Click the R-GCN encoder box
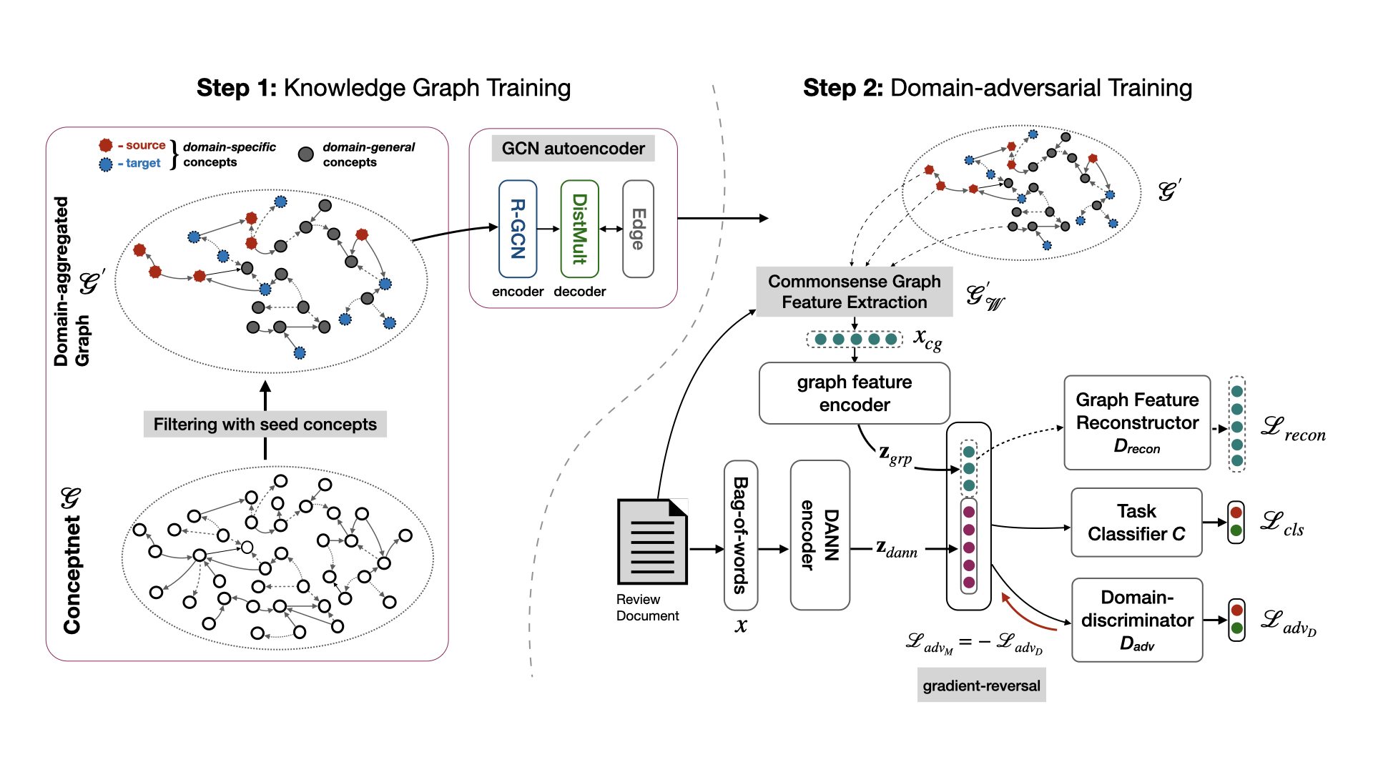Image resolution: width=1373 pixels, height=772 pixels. [x=518, y=229]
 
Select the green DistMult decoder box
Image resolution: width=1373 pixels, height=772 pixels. [x=579, y=229]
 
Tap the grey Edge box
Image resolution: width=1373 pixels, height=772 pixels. [x=638, y=229]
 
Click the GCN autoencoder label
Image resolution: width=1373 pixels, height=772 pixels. [x=573, y=149]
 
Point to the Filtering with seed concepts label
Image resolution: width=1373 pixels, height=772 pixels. [x=265, y=424]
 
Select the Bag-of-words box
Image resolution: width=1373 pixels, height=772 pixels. [x=741, y=535]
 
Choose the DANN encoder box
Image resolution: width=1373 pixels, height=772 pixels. [x=820, y=535]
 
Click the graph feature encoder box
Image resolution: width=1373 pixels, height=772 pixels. [x=854, y=393]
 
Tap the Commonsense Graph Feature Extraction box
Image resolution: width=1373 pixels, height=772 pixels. [x=854, y=292]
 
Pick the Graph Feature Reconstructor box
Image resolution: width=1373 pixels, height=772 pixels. [x=1136, y=422]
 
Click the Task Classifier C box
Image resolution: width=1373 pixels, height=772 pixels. [x=1136, y=523]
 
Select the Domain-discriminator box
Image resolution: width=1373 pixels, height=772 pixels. [x=1136, y=620]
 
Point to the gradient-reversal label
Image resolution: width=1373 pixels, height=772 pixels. [x=981, y=686]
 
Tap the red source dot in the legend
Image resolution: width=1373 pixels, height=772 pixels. [x=106, y=146]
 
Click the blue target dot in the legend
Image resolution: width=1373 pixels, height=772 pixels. [x=106, y=164]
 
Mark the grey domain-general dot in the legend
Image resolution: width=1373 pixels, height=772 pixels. [x=306, y=154]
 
